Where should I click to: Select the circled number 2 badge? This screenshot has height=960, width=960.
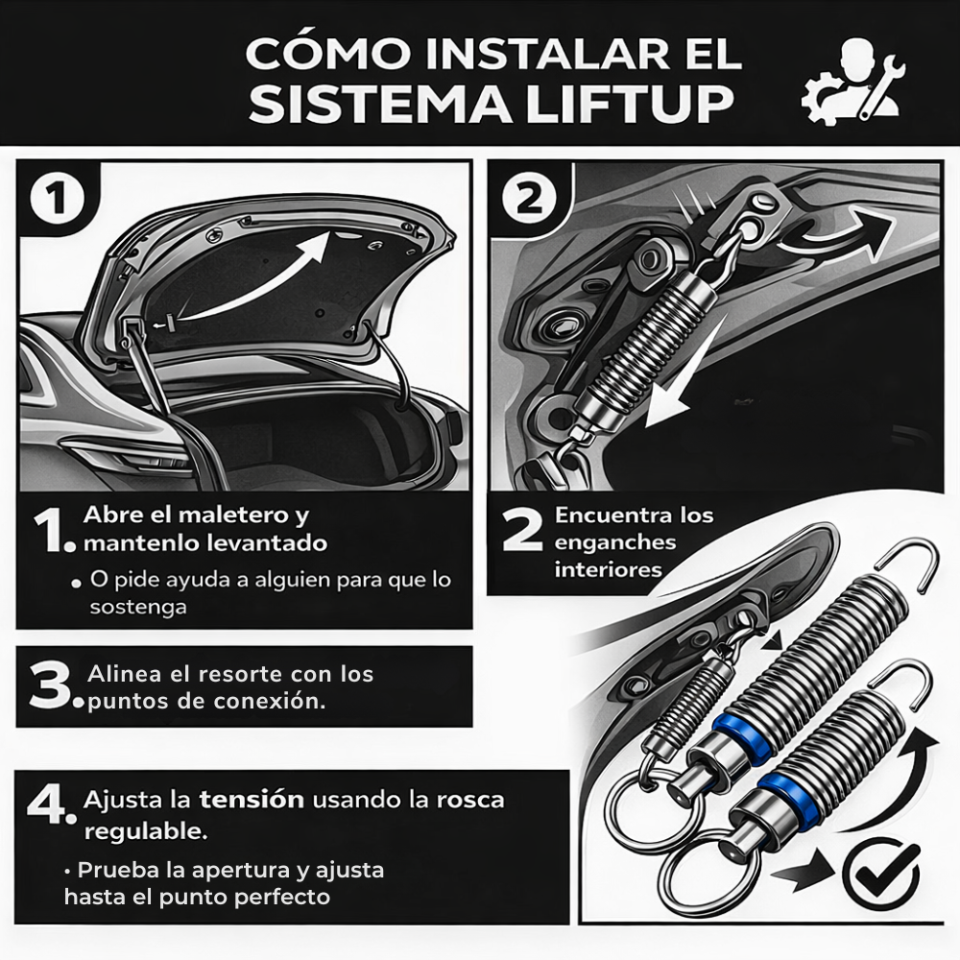point(529,199)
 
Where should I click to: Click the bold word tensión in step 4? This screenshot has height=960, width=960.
point(252,799)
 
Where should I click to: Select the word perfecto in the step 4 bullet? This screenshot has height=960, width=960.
point(284,897)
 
